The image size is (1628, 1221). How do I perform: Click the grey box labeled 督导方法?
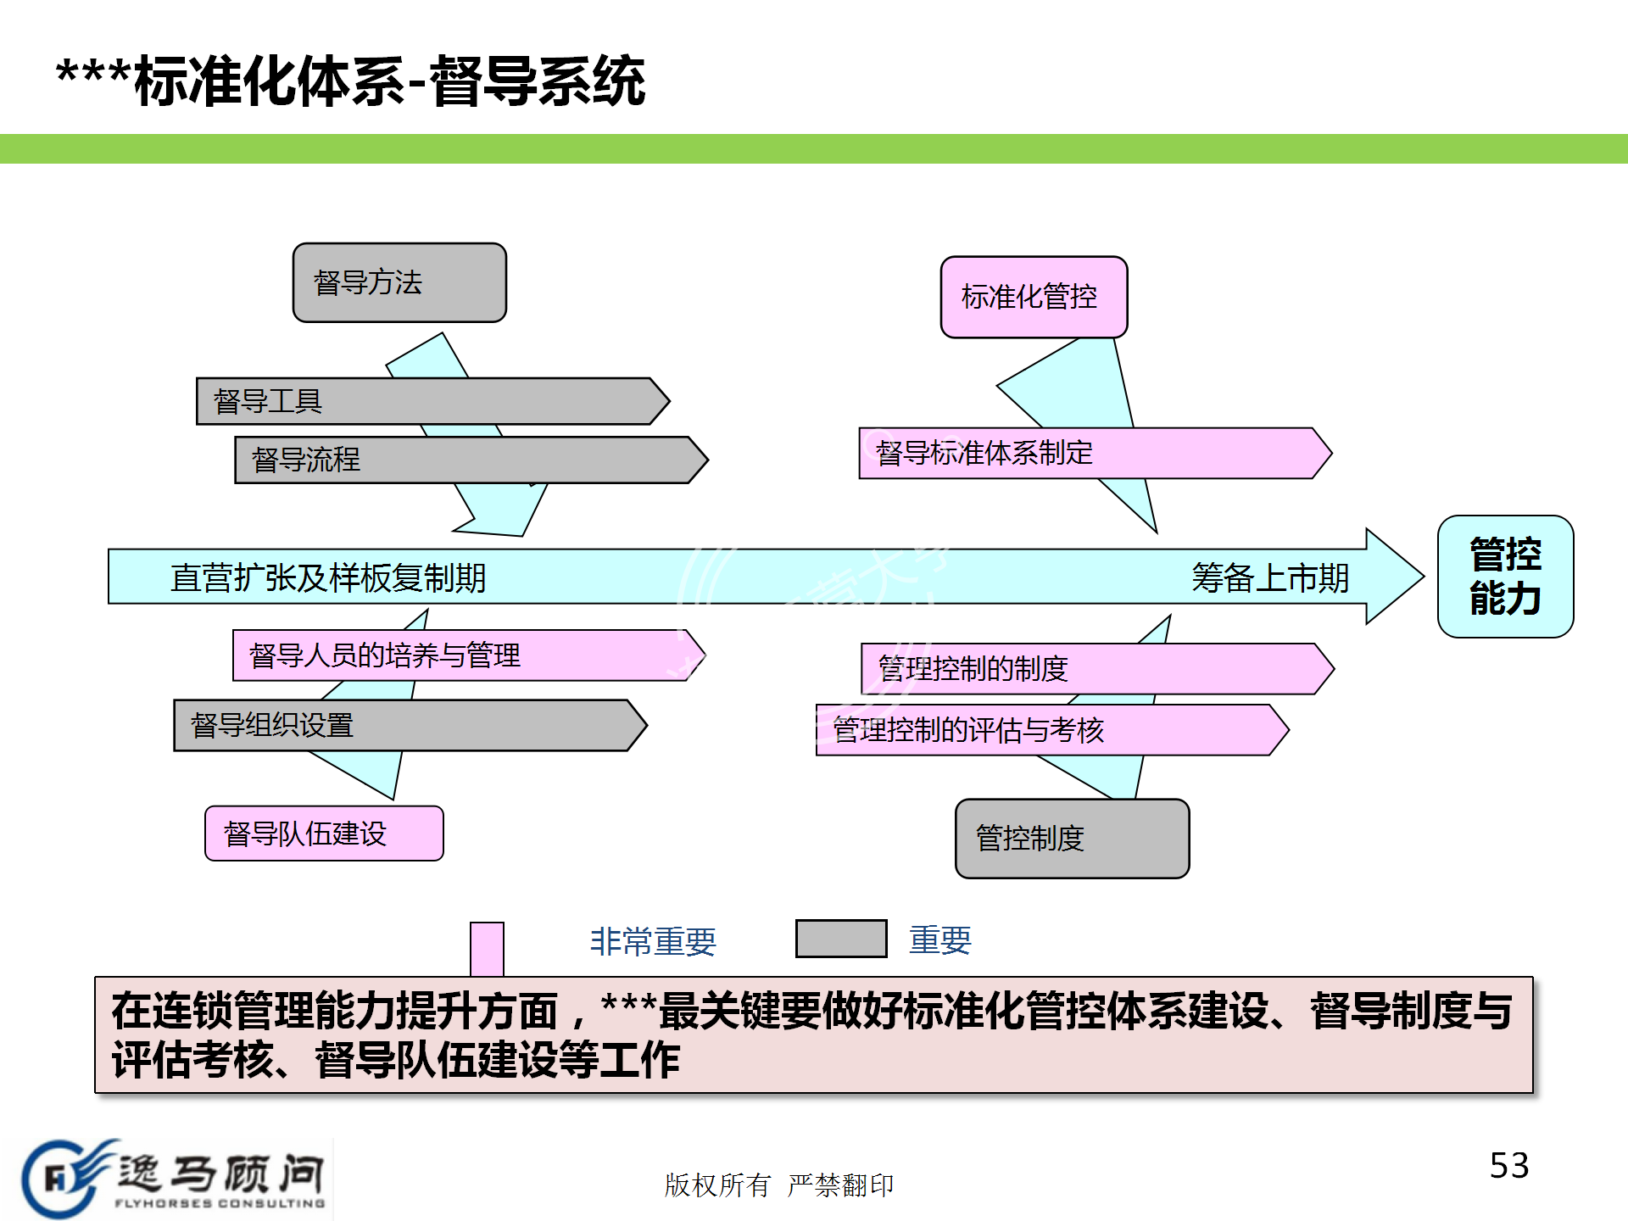point(399,282)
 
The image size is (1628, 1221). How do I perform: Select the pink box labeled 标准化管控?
point(1034,297)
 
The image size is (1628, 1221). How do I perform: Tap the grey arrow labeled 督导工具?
point(432,401)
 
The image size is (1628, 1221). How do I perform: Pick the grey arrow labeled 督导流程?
point(471,460)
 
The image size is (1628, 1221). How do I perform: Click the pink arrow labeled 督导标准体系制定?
point(1095,454)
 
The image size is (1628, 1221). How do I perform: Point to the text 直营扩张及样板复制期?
point(328,578)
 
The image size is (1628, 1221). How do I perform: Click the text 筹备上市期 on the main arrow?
point(1270,578)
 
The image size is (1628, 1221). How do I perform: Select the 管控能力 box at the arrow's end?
point(1505,577)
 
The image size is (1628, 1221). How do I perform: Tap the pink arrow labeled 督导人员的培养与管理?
point(469,655)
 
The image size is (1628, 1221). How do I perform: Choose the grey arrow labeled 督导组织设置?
point(410,725)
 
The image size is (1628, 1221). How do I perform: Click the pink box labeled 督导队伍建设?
point(324,834)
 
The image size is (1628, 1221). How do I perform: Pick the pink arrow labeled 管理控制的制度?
point(1098,669)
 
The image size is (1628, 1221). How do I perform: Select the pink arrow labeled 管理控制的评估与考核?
point(1052,730)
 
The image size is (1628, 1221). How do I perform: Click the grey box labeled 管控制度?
point(1072,839)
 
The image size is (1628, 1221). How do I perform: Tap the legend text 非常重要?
point(653,941)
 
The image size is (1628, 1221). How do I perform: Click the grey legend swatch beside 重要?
point(841,939)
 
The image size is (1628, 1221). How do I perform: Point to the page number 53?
point(1509,1166)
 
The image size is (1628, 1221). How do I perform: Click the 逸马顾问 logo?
point(176,1178)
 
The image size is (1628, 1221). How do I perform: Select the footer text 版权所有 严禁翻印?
point(779,1185)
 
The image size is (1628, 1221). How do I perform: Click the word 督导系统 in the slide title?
point(538,81)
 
